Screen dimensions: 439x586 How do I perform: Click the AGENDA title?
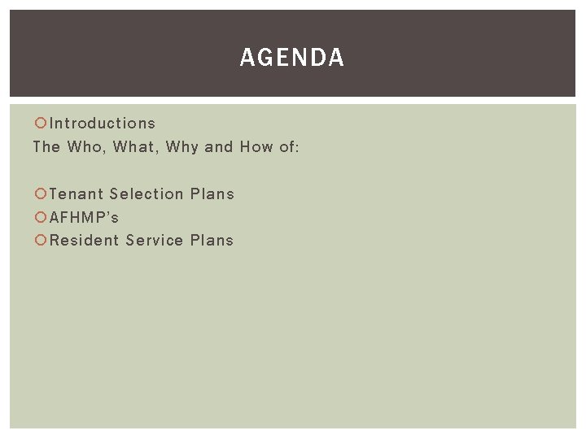pos(292,58)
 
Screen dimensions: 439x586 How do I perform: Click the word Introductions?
pos(103,124)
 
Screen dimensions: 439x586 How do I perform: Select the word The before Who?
pos(46,147)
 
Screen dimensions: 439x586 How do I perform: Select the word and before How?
pos(219,147)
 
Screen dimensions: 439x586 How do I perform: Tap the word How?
pos(256,147)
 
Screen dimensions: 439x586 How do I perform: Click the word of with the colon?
pos(290,147)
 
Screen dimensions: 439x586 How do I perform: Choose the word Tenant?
pos(76,194)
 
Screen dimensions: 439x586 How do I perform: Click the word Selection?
pos(146,194)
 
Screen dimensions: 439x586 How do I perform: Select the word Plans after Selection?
pos(212,194)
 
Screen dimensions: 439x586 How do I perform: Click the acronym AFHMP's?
pos(85,218)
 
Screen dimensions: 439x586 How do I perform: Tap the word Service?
pos(155,241)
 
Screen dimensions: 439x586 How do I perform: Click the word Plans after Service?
pos(212,241)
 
